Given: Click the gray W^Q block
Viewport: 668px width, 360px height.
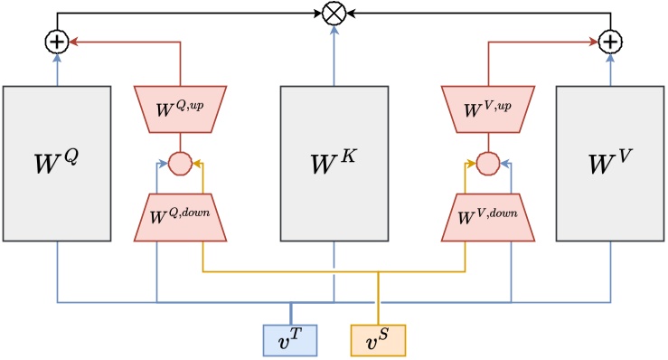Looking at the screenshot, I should (57, 164).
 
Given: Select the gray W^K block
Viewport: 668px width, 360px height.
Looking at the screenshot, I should (334, 164).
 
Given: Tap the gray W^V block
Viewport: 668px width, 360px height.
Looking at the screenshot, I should (611, 164).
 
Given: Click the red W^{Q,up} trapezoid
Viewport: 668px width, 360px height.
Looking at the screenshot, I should (180, 109).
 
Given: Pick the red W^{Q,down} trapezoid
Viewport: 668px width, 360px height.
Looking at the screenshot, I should (180, 218).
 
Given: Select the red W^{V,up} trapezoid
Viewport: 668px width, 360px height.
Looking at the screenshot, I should (487, 109).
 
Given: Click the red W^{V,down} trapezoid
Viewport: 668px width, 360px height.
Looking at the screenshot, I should (487, 218).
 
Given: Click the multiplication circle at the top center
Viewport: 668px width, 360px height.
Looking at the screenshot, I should (334, 14).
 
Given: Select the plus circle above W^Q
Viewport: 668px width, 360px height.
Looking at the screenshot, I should (57, 41).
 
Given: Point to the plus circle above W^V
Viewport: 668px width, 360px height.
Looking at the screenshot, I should (611, 41).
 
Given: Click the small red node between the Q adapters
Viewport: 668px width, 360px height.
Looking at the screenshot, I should (180, 164).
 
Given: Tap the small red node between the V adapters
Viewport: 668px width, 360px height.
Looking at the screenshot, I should (487, 164).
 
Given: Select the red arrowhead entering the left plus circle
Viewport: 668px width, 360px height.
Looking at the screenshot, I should (74, 41).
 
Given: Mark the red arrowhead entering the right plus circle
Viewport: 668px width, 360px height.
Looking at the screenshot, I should (595, 41).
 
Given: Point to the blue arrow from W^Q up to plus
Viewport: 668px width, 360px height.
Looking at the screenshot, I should (57, 69).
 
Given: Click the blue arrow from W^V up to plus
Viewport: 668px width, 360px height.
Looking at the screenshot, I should (611, 69).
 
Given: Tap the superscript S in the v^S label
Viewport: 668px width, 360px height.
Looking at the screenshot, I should (384, 334).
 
